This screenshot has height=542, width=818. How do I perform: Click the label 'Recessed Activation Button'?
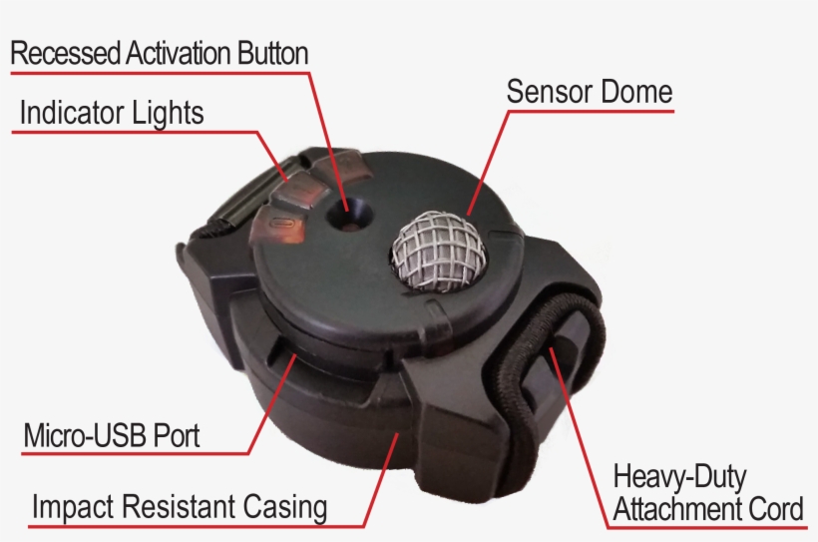pyautogui.click(x=160, y=53)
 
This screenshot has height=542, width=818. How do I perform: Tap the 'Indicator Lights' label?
pyautogui.click(x=112, y=113)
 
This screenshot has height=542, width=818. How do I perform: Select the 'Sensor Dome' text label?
pyautogui.click(x=589, y=93)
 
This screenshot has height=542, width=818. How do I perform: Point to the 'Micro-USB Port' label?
pyautogui.click(x=112, y=435)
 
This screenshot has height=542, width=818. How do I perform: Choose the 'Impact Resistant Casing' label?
pyautogui.click(x=180, y=507)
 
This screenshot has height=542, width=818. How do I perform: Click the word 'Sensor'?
pyautogui.click(x=547, y=93)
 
